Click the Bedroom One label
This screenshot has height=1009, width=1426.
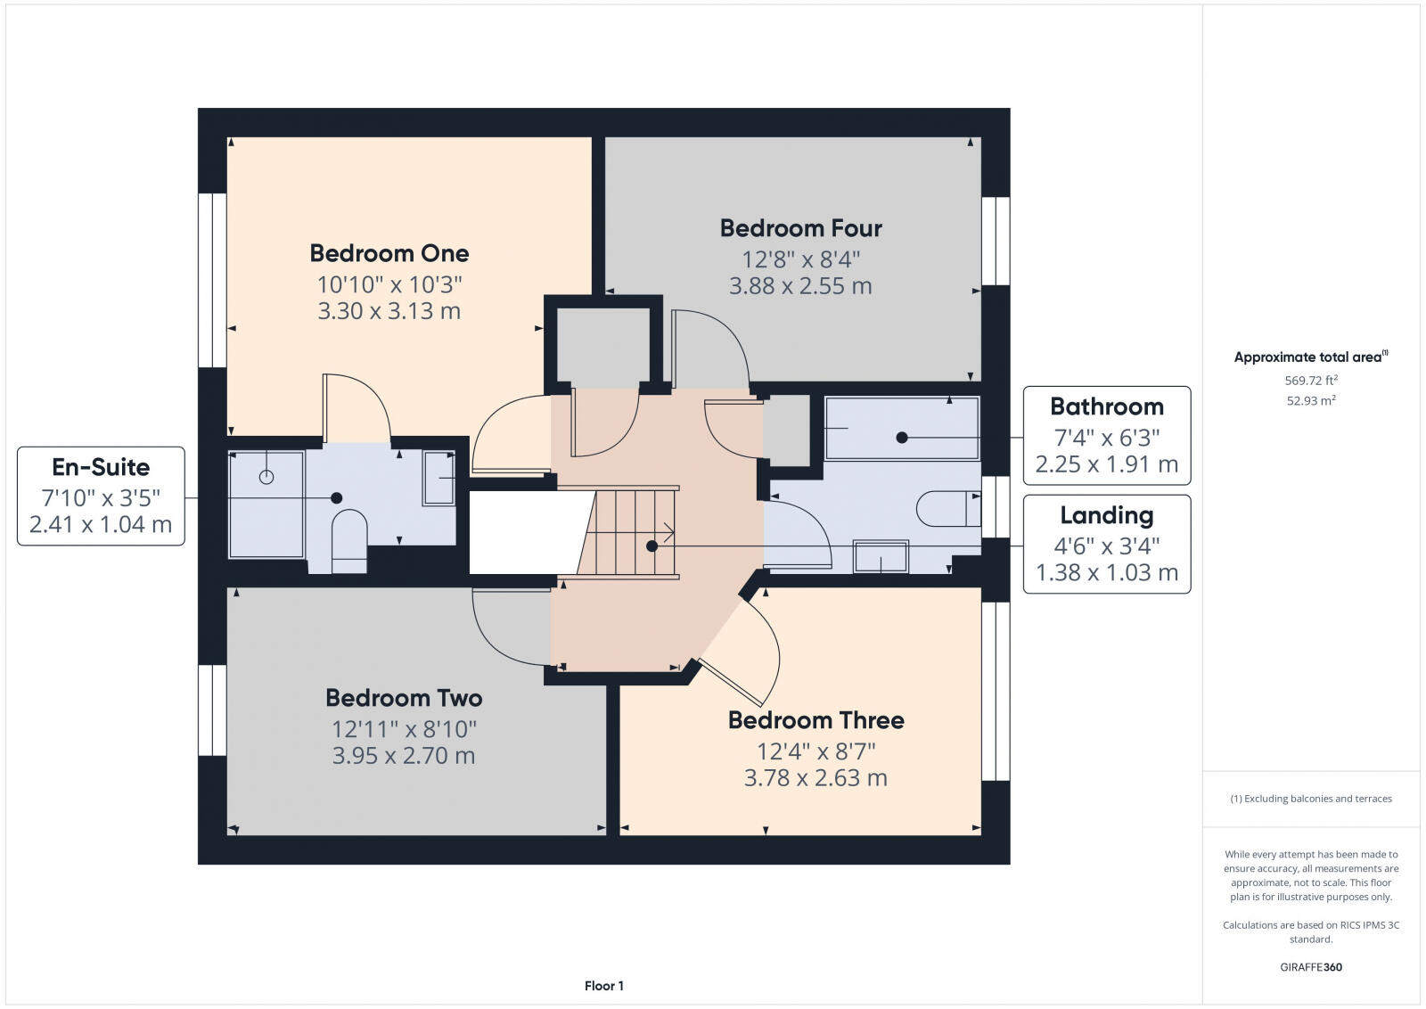pyautogui.click(x=389, y=253)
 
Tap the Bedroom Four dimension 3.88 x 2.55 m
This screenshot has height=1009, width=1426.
pyautogui.click(x=800, y=286)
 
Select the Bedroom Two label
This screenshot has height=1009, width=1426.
pyautogui.click(x=404, y=698)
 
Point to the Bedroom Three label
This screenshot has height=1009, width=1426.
pyautogui.click(x=815, y=720)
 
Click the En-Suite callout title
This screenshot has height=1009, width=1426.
pyautogui.click(x=101, y=467)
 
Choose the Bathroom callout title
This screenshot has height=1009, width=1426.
pyautogui.click(x=1106, y=407)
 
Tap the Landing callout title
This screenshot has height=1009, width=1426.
pyautogui.click(x=1106, y=515)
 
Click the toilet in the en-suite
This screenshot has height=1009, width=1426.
pyautogui.click(x=348, y=539)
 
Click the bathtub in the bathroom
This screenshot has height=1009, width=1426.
pyautogui.click(x=901, y=429)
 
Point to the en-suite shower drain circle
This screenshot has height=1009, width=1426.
pyautogui.click(x=266, y=477)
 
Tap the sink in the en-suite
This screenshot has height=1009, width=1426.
pyautogui.click(x=438, y=479)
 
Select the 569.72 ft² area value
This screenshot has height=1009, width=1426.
pyautogui.click(x=1311, y=381)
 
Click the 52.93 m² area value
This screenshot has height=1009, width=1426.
pyautogui.click(x=1311, y=401)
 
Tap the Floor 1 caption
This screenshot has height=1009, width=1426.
pyautogui.click(x=604, y=986)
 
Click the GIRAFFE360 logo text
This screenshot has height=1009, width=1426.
pyautogui.click(x=1311, y=967)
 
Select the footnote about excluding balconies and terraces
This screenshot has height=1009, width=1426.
pyautogui.click(x=1311, y=799)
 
